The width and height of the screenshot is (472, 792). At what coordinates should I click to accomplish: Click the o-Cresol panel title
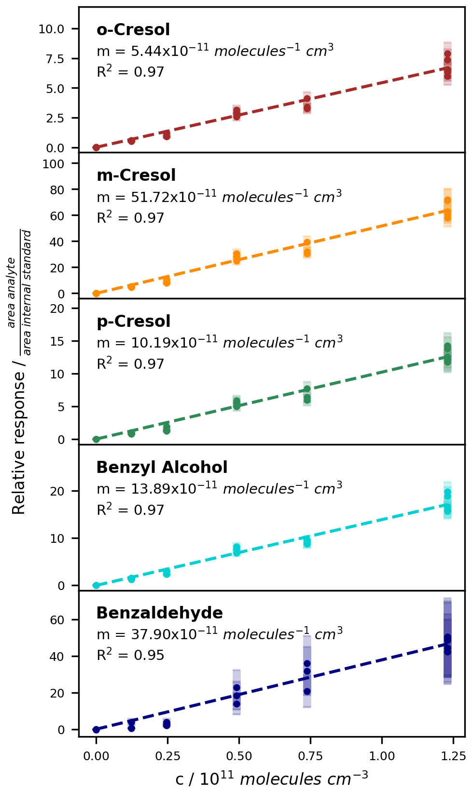(133, 30)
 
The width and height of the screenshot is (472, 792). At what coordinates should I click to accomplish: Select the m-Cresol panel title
(136, 175)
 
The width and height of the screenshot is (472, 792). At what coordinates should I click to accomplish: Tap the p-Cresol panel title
(134, 322)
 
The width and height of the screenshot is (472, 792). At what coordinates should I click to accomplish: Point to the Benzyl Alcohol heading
(162, 468)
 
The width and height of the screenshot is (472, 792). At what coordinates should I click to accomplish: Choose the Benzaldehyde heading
(159, 613)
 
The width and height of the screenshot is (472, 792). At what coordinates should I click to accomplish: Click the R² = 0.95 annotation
(130, 655)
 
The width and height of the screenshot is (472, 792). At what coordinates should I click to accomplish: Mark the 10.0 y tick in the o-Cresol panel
(51, 29)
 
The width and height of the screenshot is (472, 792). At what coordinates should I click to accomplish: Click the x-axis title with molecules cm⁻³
(271, 779)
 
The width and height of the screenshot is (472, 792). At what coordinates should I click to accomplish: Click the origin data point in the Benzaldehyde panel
(96, 729)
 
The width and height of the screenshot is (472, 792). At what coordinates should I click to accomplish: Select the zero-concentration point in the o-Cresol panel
(96, 148)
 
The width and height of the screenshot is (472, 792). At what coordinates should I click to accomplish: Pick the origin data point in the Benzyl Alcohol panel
(96, 585)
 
